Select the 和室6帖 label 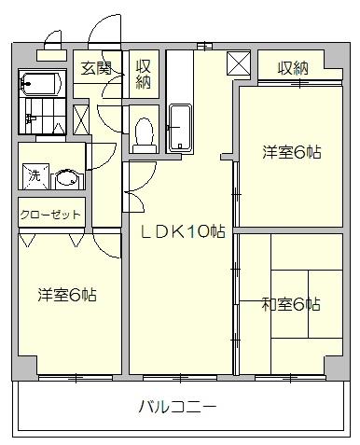pos(291,304)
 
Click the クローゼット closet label pos(51,215)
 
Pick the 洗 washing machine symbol pos(34,174)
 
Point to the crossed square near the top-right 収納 pos(239,64)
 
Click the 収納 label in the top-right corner pos(293,68)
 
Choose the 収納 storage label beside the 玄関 pos(144,74)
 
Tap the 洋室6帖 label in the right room pos(291,152)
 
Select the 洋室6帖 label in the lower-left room pos(67,295)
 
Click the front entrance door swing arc pos(104,28)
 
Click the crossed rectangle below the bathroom pos(80,119)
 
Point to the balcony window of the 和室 pos(280,378)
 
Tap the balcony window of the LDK pos(180,378)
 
